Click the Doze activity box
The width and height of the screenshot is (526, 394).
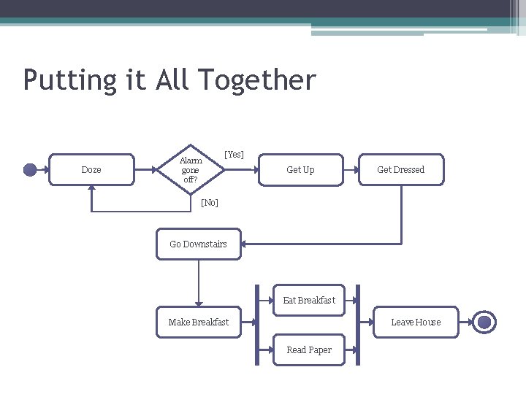91,170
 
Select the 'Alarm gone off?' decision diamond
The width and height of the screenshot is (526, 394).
190,170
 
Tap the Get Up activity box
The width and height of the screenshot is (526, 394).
300,170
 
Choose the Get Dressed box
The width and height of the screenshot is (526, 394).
400,170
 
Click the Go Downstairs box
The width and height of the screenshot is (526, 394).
198,244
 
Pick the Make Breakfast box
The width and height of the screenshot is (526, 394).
198,322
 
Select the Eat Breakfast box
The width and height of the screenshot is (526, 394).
309,300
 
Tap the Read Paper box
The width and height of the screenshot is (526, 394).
309,350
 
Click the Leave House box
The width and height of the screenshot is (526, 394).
416,322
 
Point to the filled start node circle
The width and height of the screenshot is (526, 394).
30,170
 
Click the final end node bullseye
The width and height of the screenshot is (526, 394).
484,322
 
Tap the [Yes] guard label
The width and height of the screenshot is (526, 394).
235,155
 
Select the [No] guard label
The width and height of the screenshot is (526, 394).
210,202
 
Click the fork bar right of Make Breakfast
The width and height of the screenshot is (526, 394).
257,325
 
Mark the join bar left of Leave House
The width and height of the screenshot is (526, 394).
357,325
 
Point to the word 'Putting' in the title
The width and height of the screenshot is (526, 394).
69,80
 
